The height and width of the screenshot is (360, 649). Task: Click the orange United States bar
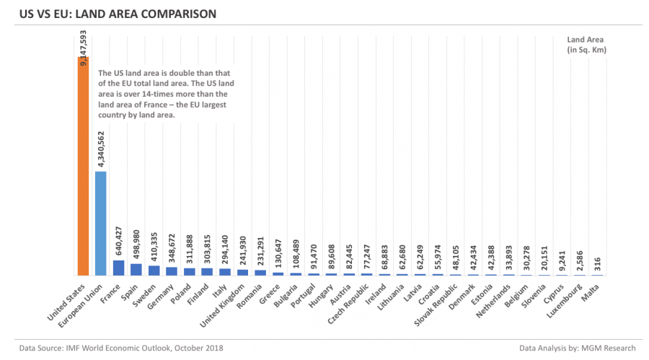[83, 166]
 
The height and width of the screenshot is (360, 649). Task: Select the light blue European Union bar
[101, 224]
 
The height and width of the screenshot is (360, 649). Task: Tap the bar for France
[118, 268]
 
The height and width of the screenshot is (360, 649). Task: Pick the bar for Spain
[136, 269]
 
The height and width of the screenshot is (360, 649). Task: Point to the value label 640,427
[118, 239]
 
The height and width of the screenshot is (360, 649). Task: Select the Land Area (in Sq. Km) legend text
[586, 44]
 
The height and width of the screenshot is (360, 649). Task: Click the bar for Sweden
[154, 271]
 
